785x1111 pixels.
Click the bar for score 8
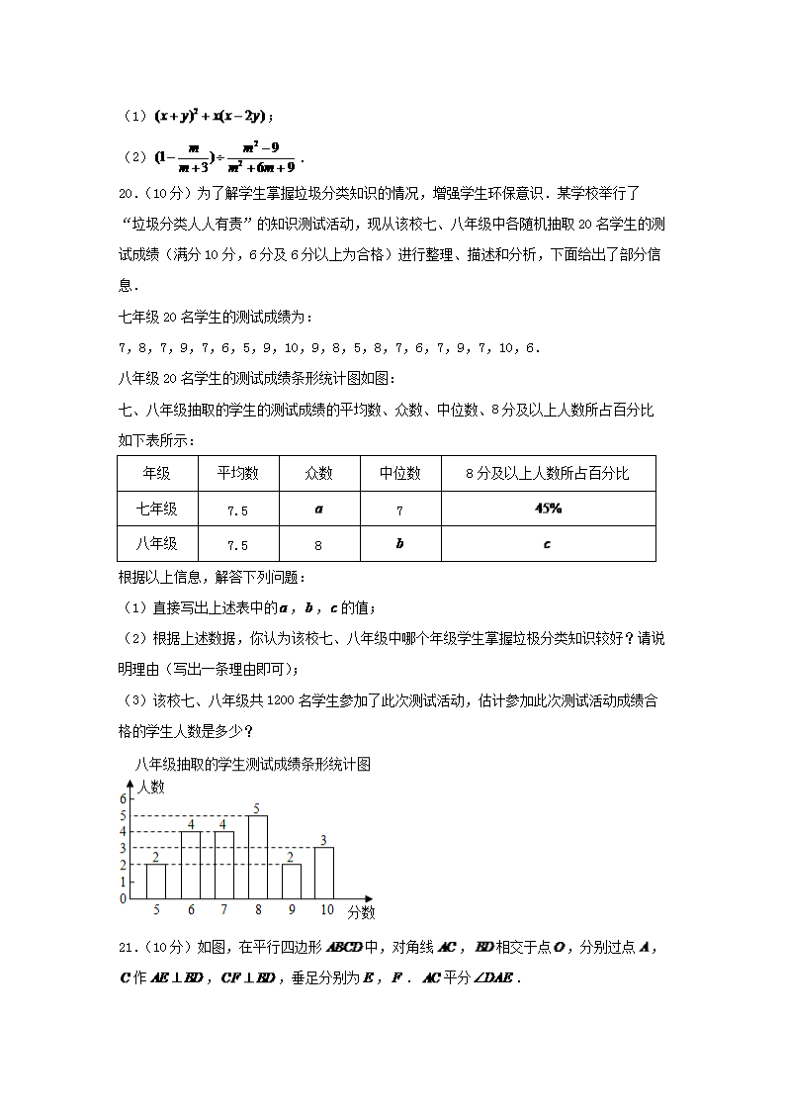tap(257, 857)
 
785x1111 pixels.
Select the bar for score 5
tap(156, 881)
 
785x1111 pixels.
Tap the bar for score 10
tap(324, 873)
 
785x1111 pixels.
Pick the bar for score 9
tap(291, 881)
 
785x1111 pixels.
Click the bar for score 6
tap(190, 865)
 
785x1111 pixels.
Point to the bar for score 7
tap(223, 865)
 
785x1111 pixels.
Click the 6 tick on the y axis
tap(123, 798)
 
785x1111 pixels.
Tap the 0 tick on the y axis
tap(123, 898)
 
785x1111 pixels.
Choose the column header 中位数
tap(399, 474)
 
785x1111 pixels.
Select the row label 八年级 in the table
tap(157, 544)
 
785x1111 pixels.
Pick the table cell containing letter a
tap(318, 509)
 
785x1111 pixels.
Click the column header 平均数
tap(237, 474)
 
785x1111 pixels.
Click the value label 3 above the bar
tap(323, 840)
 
